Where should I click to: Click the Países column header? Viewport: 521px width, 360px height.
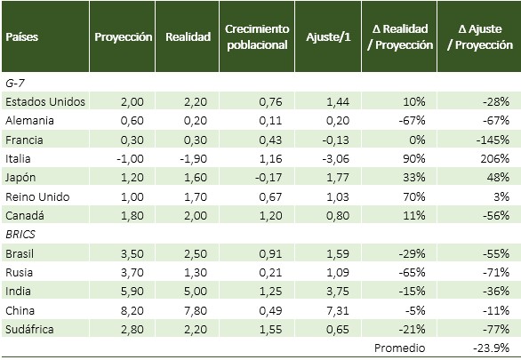point(22,36)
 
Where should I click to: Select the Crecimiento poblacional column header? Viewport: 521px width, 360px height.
point(257,36)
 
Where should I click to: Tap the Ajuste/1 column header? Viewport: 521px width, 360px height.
point(328,36)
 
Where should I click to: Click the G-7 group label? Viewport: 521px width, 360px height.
point(14,83)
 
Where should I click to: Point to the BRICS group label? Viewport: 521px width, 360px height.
point(20,235)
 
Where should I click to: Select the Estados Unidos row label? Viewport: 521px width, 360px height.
point(45,101)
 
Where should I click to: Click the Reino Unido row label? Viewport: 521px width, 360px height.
point(37,197)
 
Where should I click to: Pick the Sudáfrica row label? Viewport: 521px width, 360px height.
point(29,329)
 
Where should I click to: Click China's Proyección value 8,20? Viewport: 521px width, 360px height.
point(132,311)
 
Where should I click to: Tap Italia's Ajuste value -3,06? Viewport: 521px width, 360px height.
point(335,159)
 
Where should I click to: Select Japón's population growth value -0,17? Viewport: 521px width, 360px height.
point(269,178)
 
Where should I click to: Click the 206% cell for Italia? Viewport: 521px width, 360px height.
point(494,159)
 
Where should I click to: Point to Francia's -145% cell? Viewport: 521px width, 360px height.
point(493,140)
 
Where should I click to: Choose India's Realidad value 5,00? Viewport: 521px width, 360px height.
point(196,292)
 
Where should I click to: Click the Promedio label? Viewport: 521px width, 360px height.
point(400,348)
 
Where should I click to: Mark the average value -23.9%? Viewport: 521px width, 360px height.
point(491,348)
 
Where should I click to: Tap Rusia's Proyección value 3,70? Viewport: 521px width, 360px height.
point(132,273)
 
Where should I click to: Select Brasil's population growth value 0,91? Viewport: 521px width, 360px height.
point(270,254)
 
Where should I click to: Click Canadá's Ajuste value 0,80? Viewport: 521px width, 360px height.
point(338,215)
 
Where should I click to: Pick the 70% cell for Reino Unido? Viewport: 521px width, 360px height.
point(414,197)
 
